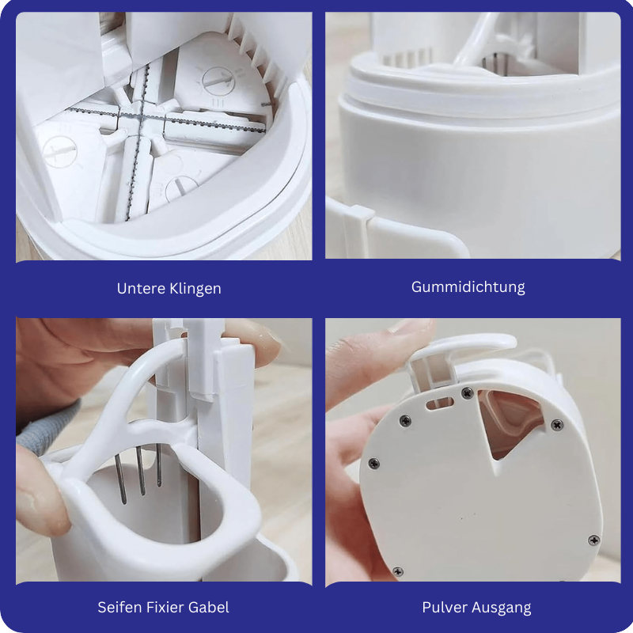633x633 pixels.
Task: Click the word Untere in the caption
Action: [141, 288]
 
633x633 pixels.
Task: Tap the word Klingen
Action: [195, 289]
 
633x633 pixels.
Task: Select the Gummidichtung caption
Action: [468, 287]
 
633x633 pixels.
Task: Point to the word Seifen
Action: [119, 607]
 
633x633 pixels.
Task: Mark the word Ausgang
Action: [502, 608]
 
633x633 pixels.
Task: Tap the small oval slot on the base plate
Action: [440, 403]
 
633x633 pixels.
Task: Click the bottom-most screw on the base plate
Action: [398, 571]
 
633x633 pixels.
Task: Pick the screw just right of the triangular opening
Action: [557, 425]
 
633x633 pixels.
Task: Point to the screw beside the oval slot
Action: [467, 392]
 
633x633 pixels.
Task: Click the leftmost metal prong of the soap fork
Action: [120, 479]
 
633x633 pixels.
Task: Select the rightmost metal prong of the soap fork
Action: [159, 465]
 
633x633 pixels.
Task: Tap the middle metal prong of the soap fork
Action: [141, 471]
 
